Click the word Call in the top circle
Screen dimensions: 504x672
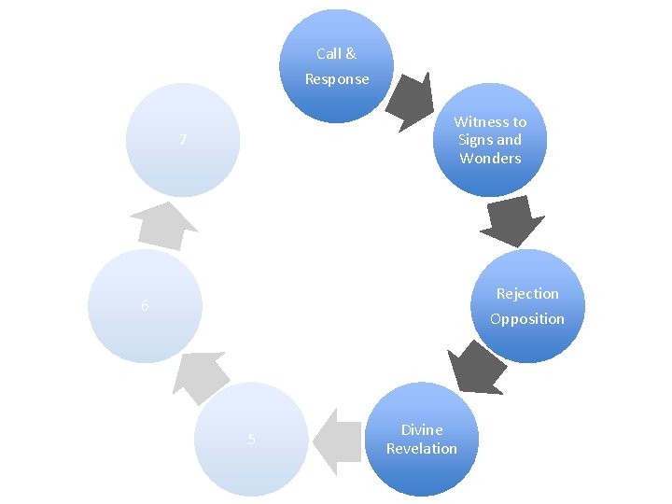point(328,54)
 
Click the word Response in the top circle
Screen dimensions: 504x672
point(337,79)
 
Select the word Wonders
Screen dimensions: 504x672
point(490,159)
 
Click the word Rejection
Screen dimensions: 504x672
point(527,294)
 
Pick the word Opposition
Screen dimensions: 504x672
point(527,319)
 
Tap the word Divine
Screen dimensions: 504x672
point(422,430)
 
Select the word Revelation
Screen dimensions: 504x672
point(422,449)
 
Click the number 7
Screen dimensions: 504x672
point(184,141)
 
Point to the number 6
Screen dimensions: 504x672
point(145,306)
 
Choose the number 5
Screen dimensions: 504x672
point(251,441)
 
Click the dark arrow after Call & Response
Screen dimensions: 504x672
point(412,99)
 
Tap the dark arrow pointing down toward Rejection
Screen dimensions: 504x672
point(512,222)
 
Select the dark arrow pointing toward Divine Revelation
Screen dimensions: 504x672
point(475,366)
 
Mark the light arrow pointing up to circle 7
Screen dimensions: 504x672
point(163,225)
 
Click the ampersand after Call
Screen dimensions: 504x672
point(351,54)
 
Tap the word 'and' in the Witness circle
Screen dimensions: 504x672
point(509,140)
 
